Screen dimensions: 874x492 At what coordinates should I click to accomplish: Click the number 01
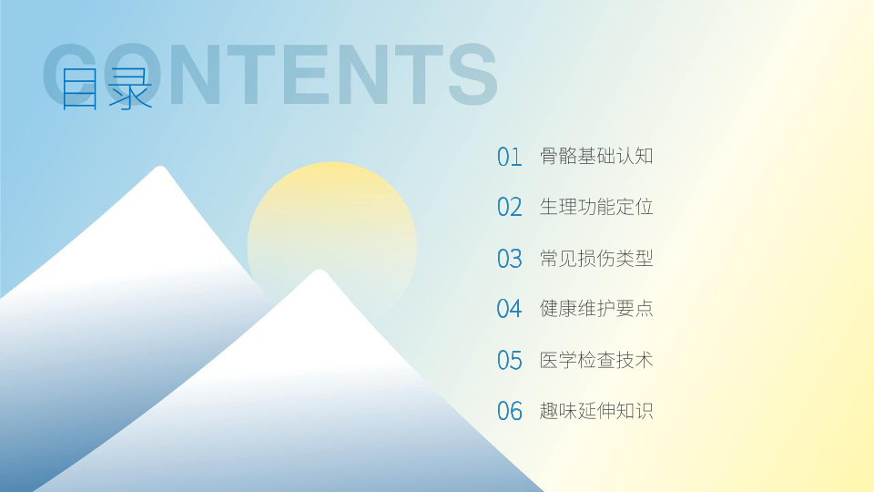(510, 157)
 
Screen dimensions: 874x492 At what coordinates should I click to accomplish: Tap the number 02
(510, 208)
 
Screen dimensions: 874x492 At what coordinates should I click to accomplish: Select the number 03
(510, 259)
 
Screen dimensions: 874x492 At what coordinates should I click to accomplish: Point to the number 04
(510, 309)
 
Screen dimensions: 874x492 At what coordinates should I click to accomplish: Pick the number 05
(510, 361)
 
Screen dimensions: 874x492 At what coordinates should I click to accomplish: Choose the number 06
(510, 411)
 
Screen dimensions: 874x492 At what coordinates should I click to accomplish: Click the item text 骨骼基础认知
(596, 156)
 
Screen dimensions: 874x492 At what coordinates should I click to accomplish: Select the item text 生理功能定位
(596, 207)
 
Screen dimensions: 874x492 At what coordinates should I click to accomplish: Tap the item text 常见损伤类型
(596, 258)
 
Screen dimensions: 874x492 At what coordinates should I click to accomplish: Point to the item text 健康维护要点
(596, 309)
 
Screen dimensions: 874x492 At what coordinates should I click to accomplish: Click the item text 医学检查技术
(596, 360)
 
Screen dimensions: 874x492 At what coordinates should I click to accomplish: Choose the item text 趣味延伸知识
(596, 411)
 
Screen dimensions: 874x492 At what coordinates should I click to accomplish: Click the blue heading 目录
(106, 88)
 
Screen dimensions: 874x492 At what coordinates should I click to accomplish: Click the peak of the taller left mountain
(160, 168)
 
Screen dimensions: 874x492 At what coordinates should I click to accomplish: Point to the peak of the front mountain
(320, 272)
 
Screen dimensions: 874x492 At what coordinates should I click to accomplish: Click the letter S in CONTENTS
(473, 74)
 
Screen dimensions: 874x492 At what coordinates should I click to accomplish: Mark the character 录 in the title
(130, 88)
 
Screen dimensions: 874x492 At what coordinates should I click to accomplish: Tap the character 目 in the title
(79, 88)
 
